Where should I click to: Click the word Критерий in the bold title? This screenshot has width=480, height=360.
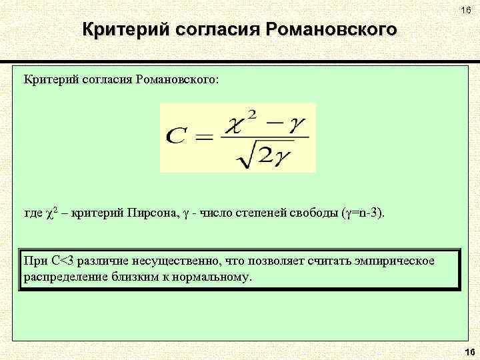pos(123,30)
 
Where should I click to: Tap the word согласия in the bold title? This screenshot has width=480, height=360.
pos(217,30)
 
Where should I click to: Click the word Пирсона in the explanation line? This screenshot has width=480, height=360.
pos(151,213)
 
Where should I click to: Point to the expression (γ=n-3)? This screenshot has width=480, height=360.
pos(363,213)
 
